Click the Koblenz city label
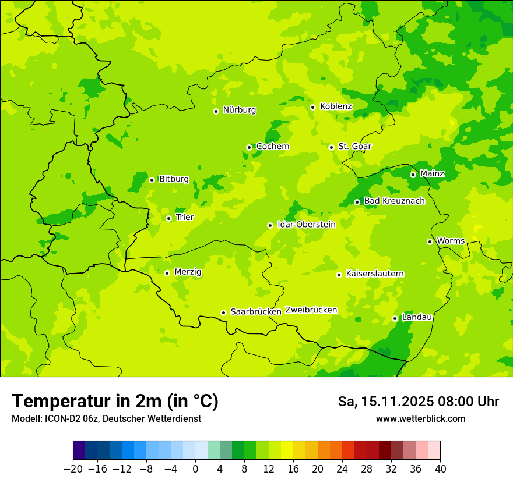336,106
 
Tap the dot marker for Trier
168,218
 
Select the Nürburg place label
239,110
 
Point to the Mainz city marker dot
413,175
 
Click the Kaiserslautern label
375,274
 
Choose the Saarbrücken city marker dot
223,312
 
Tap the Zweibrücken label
311,310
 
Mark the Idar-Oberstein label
307,224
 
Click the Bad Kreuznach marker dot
357,202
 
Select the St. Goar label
354,146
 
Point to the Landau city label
417,317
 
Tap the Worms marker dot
430,241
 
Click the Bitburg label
174,179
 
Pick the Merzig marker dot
167,273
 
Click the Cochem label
273,146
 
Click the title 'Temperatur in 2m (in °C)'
115,401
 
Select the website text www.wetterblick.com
420,418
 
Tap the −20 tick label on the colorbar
73,469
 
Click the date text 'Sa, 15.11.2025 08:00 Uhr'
418,402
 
